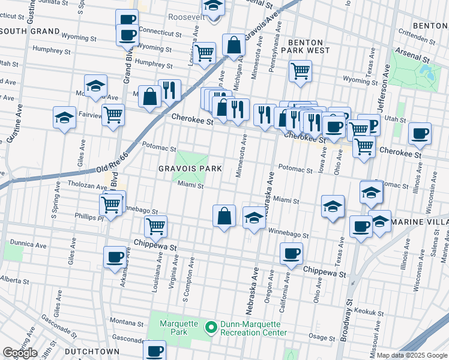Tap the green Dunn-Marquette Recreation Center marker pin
(211, 328)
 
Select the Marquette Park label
(178, 328)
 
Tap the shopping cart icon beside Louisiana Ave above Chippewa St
(155, 226)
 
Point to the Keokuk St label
(369, 313)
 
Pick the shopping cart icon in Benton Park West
(300, 71)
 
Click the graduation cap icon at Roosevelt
(212, 7)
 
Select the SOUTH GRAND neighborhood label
(30, 31)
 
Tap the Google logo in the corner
(20, 353)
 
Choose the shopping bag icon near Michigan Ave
(234, 44)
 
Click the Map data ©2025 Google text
(412, 355)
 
